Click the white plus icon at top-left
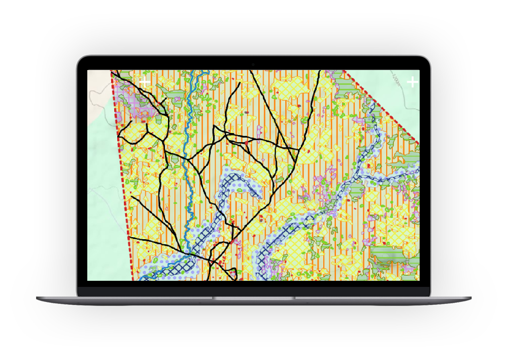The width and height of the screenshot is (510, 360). point(145,81)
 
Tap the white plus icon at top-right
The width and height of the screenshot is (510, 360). point(412,81)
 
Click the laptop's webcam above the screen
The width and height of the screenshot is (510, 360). point(253,64)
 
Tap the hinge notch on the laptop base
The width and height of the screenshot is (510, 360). point(254,298)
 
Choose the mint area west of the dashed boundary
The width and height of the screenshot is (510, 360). point(104,203)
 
